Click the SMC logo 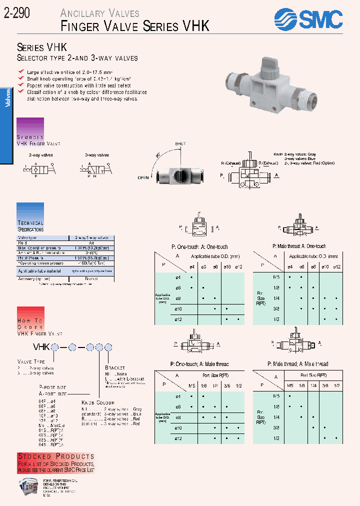[308, 20]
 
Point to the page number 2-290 [16, 13]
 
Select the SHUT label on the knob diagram [180, 144]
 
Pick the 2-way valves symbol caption [40, 155]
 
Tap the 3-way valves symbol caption [96, 155]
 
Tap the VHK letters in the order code [41, 346]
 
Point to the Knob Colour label [98, 402]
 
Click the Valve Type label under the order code [31, 361]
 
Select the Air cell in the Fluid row [91, 242]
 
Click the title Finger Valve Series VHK [135, 26]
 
